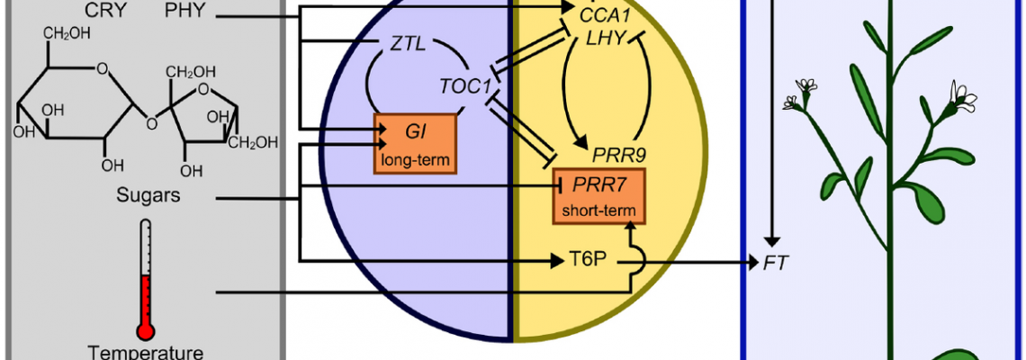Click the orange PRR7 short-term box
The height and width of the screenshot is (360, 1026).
coord(598,196)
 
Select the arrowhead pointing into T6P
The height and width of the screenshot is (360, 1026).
coord(557,262)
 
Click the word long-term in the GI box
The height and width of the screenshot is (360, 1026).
coord(415,161)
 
